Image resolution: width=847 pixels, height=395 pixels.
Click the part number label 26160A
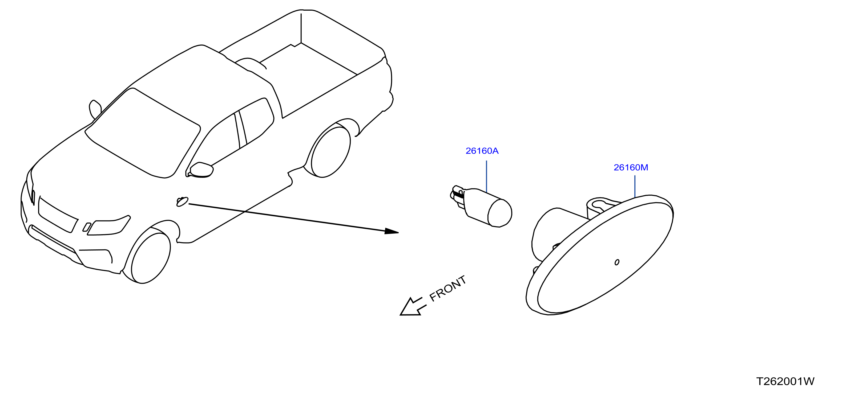click(482, 151)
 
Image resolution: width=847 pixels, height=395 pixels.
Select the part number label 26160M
click(631, 168)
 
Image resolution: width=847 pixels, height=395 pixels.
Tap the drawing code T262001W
click(785, 381)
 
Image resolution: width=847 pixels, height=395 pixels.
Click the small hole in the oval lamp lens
click(617, 262)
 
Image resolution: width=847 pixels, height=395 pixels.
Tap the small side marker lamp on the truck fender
click(182, 201)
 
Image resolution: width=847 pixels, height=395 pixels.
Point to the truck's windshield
click(143, 133)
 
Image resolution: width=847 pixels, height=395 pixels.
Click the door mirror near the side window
click(201, 170)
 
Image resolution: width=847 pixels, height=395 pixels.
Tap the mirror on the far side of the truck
click(95, 109)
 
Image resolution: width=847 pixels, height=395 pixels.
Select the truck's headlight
click(108, 226)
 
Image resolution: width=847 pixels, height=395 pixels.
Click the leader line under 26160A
click(486, 176)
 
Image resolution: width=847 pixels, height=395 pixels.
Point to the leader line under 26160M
click(635, 186)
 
